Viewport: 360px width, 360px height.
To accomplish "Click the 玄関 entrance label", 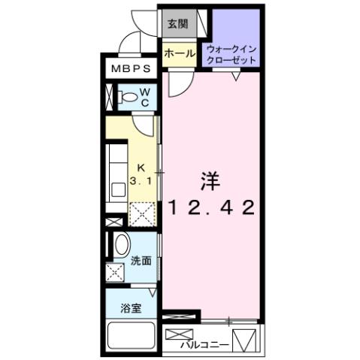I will tap(178, 23).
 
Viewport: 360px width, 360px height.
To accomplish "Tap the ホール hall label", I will tap(180, 54).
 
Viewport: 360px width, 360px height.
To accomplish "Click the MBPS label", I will tap(130, 69).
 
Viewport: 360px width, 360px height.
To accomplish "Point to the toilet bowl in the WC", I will tap(130, 97).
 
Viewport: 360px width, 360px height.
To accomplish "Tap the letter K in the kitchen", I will tap(140, 169).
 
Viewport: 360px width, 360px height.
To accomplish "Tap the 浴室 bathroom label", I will tap(132, 308).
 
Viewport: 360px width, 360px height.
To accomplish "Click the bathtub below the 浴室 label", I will tap(131, 336).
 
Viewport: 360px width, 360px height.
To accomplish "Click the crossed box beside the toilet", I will tap(109, 97).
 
